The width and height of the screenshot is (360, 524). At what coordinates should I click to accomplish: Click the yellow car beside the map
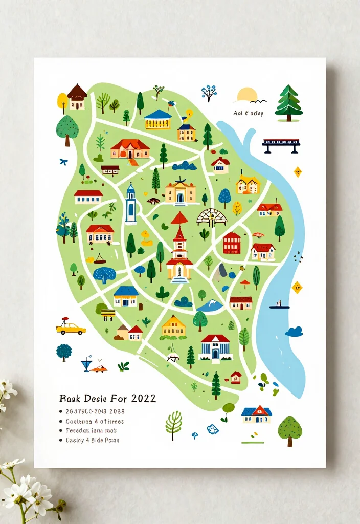71,329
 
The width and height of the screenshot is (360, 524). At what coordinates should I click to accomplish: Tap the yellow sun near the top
247,95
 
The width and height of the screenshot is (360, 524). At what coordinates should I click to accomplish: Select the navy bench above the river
281,145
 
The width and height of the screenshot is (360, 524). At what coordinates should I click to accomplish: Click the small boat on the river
279,306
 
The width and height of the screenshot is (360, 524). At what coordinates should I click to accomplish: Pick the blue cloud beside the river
294,332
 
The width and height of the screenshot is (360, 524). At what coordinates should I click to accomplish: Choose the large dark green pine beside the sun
289,103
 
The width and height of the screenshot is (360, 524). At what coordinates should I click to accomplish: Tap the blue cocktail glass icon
86,365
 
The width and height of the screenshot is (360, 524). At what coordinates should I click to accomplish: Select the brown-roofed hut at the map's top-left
77,97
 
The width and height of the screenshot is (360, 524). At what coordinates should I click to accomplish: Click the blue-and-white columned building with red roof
215,347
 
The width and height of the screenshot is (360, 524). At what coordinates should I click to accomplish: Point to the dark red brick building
232,243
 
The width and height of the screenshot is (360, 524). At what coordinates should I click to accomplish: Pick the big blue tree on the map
104,274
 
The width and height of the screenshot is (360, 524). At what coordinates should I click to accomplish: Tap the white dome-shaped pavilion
211,217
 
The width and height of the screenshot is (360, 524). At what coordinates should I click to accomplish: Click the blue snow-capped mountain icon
210,305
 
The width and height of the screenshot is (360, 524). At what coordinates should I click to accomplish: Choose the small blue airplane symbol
63,162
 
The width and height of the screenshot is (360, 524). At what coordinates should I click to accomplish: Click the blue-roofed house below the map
256,414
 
